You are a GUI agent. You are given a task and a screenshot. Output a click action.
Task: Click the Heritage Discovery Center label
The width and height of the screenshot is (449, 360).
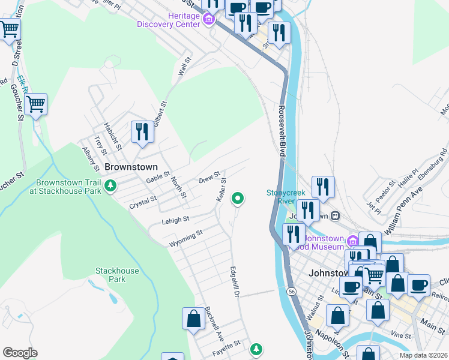(170, 20)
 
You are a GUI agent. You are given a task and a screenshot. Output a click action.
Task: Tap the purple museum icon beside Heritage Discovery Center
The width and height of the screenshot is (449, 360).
(209, 20)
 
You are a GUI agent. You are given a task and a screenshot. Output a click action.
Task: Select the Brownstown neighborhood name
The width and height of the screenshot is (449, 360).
(131, 167)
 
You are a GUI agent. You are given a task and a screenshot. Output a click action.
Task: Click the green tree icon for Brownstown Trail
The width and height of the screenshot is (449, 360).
(110, 187)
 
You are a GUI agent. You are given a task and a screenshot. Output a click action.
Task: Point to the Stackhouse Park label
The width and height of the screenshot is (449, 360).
(117, 275)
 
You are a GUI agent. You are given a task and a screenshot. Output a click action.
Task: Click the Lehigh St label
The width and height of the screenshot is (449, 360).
(175, 221)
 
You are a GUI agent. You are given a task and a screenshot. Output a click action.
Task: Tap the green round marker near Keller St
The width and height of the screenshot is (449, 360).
(238, 197)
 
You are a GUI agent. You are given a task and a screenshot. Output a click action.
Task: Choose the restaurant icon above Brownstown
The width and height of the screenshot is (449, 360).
(142, 131)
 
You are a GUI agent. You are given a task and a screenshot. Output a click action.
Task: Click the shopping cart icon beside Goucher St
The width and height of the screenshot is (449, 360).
(36, 104)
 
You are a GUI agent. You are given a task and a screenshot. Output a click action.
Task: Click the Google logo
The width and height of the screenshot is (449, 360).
(20, 353)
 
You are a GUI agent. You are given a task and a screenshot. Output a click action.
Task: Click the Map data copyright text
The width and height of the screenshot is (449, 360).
(423, 355)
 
